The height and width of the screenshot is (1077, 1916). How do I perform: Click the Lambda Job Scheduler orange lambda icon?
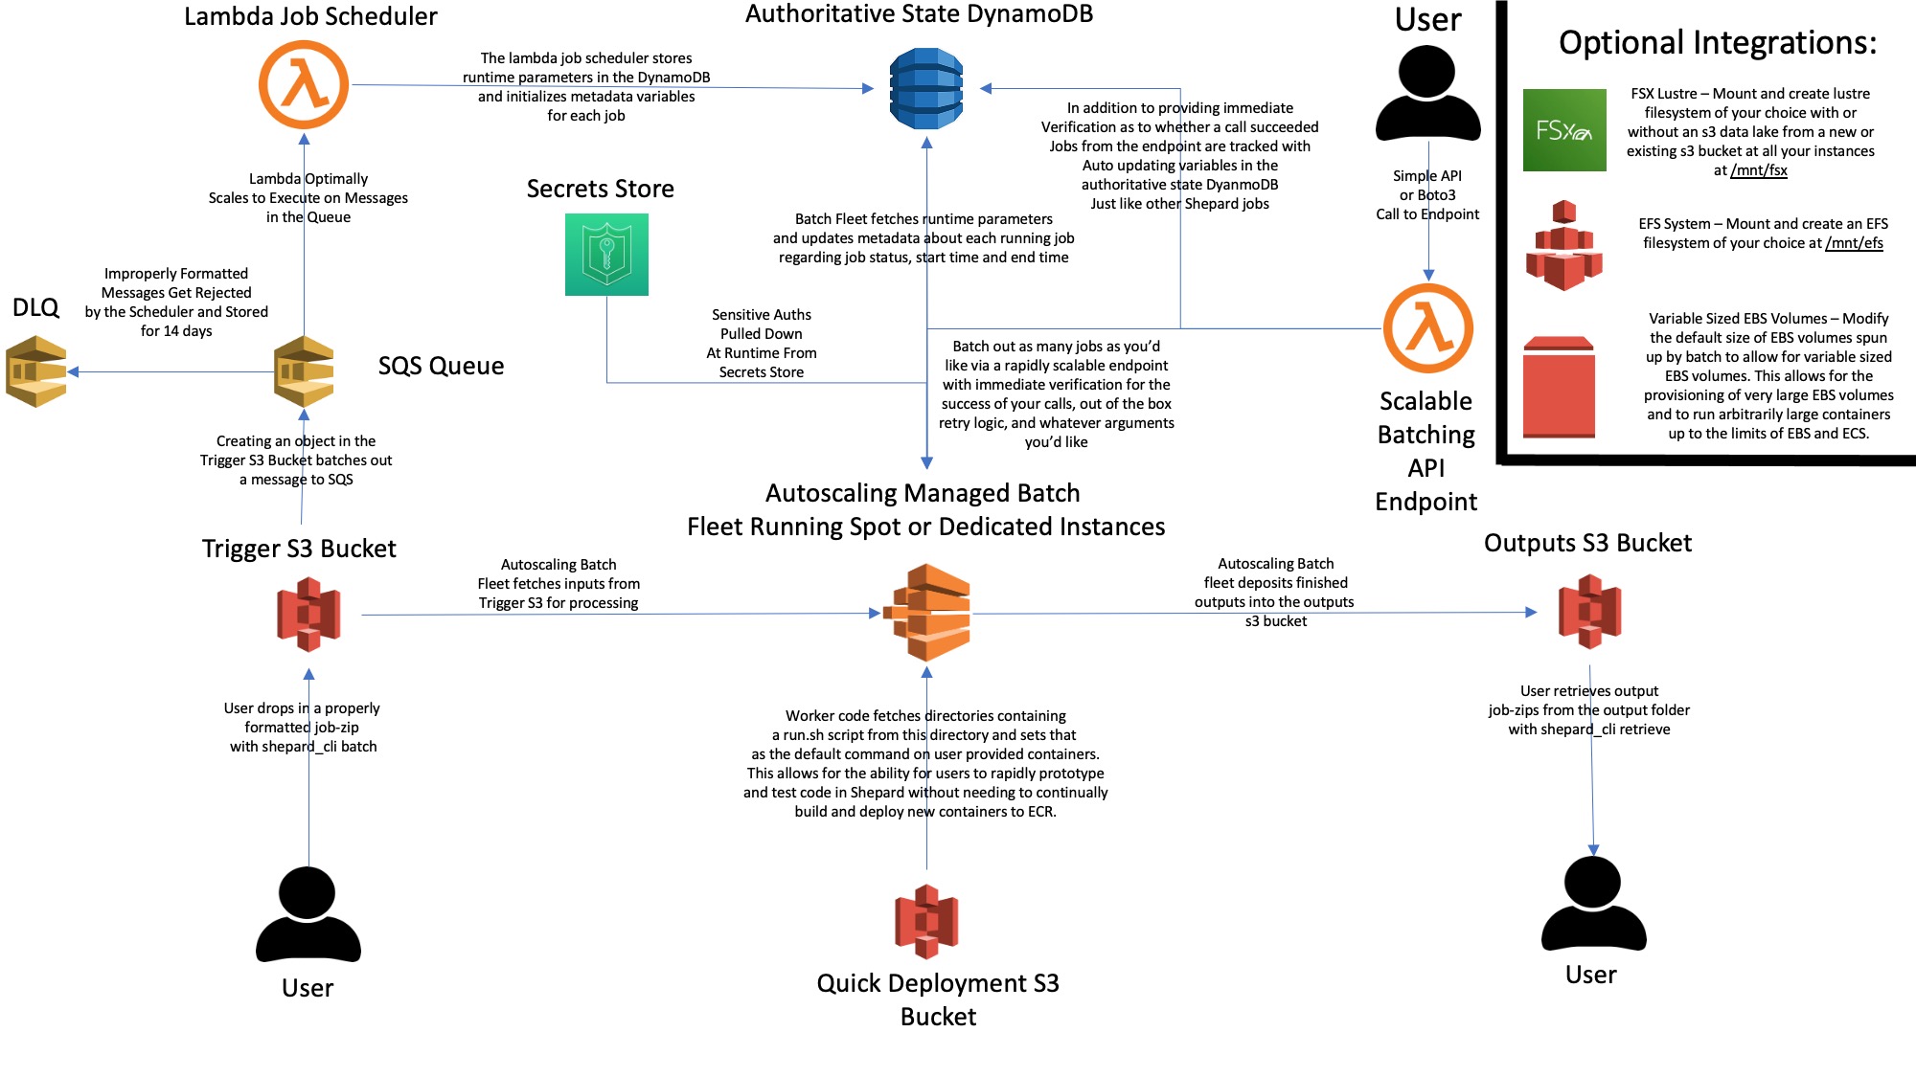305,84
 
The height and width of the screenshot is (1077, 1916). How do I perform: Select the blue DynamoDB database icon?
925,88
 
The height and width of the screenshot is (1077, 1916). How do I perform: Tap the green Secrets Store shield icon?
606,255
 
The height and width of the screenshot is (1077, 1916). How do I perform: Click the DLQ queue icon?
36,371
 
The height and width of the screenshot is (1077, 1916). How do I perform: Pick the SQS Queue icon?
304,371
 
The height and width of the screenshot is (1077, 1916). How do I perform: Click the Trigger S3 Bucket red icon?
308,614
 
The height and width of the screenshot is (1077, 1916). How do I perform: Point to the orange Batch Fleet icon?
926,613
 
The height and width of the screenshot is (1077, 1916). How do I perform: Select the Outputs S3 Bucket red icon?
1590,612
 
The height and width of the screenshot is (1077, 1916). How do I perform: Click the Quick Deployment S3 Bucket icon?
926,922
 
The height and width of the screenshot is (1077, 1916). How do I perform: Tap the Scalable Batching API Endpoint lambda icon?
1428,328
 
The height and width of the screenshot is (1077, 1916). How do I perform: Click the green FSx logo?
1564,130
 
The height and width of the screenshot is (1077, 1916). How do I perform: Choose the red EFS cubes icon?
1564,245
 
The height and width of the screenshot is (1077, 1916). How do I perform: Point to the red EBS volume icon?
1559,388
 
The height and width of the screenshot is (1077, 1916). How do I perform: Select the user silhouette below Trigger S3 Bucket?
308,914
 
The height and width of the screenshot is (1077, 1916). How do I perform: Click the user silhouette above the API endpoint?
1427,93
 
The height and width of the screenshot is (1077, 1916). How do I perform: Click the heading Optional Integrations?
1718,43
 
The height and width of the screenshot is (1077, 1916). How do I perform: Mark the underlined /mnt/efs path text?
1854,243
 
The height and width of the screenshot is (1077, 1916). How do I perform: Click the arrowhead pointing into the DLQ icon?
74,371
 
